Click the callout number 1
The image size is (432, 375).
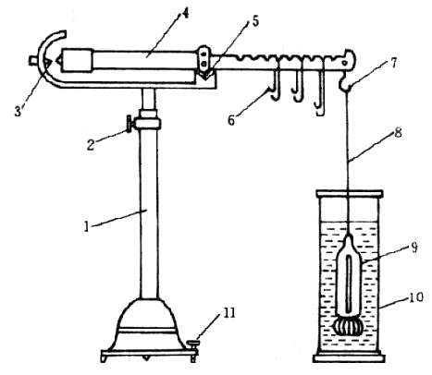click(x=86, y=226)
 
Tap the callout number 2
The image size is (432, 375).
click(x=90, y=144)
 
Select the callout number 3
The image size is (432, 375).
click(x=19, y=110)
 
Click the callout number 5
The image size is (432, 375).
click(x=255, y=21)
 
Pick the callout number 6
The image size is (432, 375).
click(x=231, y=120)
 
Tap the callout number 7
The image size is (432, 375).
click(x=393, y=64)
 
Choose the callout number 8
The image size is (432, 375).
click(x=398, y=132)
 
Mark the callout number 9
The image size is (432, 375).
click(x=414, y=247)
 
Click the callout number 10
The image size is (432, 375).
click(x=416, y=297)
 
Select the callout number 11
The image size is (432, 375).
click(x=228, y=313)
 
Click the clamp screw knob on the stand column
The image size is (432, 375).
click(x=129, y=124)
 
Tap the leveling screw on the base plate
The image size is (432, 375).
click(x=193, y=351)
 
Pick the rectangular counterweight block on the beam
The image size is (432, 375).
click(x=78, y=60)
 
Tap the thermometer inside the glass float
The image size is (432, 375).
click(x=349, y=283)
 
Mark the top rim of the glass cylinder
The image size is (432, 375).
click(x=350, y=194)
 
